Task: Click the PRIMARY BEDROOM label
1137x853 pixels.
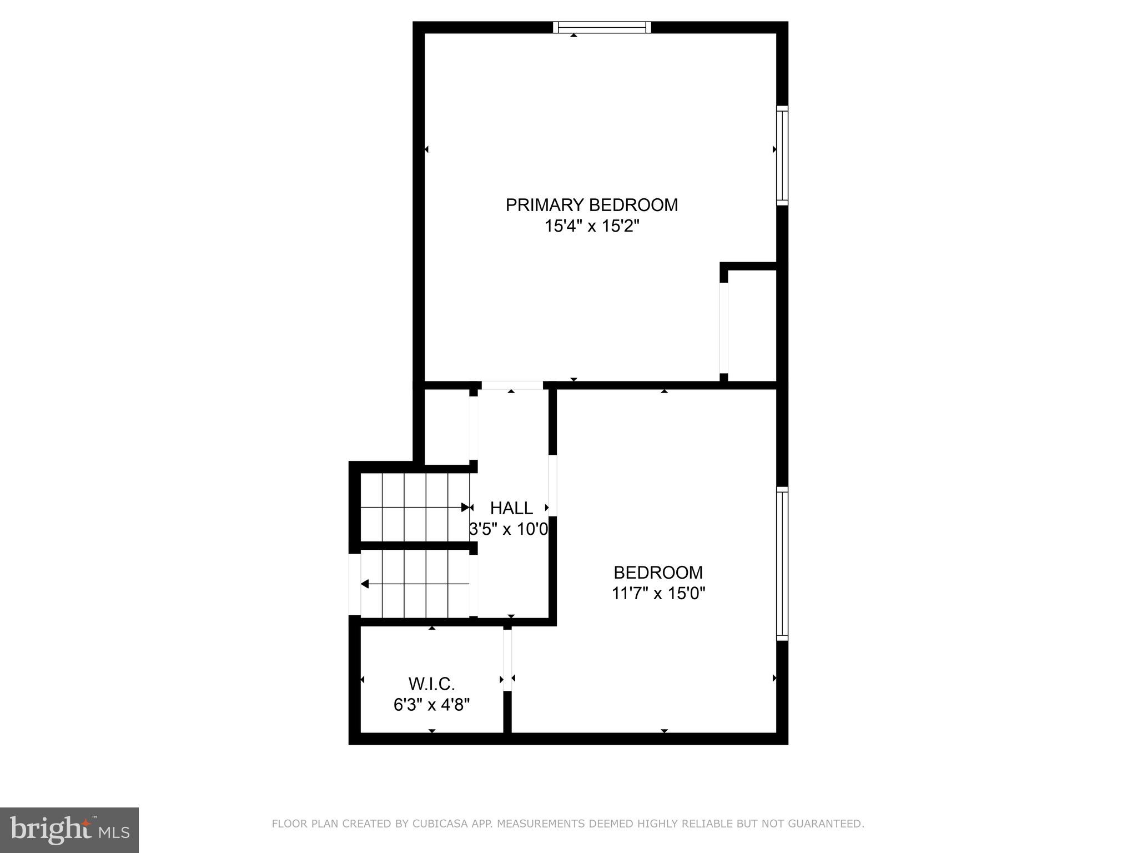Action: click(x=591, y=205)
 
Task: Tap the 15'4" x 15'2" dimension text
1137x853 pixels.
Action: click(x=592, y=227)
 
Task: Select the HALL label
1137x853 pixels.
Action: click(x=511, y=508)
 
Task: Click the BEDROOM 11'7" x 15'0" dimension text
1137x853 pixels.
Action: click(x=658, y=594)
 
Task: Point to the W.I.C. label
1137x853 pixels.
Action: click(x=431, y=683)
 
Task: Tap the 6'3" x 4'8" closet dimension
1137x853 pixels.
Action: click(x=431, y=705)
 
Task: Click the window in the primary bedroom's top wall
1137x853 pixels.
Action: click(x=602, y=28)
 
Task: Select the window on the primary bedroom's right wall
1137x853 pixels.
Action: click(x=782, y=155)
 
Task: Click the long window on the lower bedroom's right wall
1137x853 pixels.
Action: click(x=782, y=564)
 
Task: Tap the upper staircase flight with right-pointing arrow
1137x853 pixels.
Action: click(x=415, y=506)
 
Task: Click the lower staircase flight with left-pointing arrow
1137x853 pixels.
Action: click(x=415, y=584)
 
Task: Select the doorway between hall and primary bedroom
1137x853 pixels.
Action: click(x=511, y=385)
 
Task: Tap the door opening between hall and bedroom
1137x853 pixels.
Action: click(x=552, y=486)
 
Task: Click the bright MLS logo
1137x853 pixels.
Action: click(x=69, y=830)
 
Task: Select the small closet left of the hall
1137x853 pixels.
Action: click(x=447, y=426)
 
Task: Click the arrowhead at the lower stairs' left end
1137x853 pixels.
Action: click(x=365, y=584)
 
